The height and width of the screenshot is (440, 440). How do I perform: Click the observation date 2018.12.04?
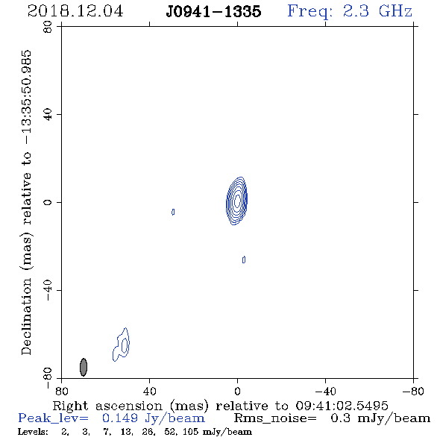pyautogui.click(x=75, y=11)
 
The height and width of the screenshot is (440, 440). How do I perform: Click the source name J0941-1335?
pyautogui.click(x=213, y=11)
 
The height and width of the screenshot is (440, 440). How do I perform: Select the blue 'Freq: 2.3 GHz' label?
pyautogui.click(x=350, y=11)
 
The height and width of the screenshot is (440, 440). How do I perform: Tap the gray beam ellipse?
pyautogui.click(x=84, y=367)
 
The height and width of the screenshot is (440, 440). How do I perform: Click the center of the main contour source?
pyautogui.click(x=237, y=201)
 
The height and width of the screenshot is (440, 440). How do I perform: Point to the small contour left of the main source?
pyautogui.click(x=173, y=212)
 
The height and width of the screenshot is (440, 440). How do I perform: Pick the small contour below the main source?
pyautogui.click(x=244, y=260)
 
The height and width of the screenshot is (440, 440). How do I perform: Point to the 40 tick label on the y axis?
pyautogui.click(x=48, y=115)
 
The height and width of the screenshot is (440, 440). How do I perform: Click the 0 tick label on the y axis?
pyautogui.click(x=48, y=202)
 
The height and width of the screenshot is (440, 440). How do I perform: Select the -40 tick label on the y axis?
pyautogui.click(x=48, y=290)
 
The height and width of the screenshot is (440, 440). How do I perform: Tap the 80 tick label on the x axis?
pyautogui.click(x=61, y=391)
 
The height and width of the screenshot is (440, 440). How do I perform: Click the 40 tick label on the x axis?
pyautogui.click(x=150, y=391)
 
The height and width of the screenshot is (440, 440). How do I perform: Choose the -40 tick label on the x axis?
pyautogui.click(x=325, y=391)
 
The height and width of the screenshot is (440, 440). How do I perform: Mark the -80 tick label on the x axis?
pyautogui.click(x=413, y=391)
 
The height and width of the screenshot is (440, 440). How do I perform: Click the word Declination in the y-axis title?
pyautogui.click(x=26, y=316)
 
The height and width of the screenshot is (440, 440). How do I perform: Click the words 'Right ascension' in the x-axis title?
pyautogui.click(x=107, y=406)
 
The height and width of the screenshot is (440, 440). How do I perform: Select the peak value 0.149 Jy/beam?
pyautogui.click(x=154, y=418)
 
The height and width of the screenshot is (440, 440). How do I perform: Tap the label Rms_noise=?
pyautogui.click(x=275, y=418)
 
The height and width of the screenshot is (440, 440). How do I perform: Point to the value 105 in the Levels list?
pyautogui.click(x=192, y=431)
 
